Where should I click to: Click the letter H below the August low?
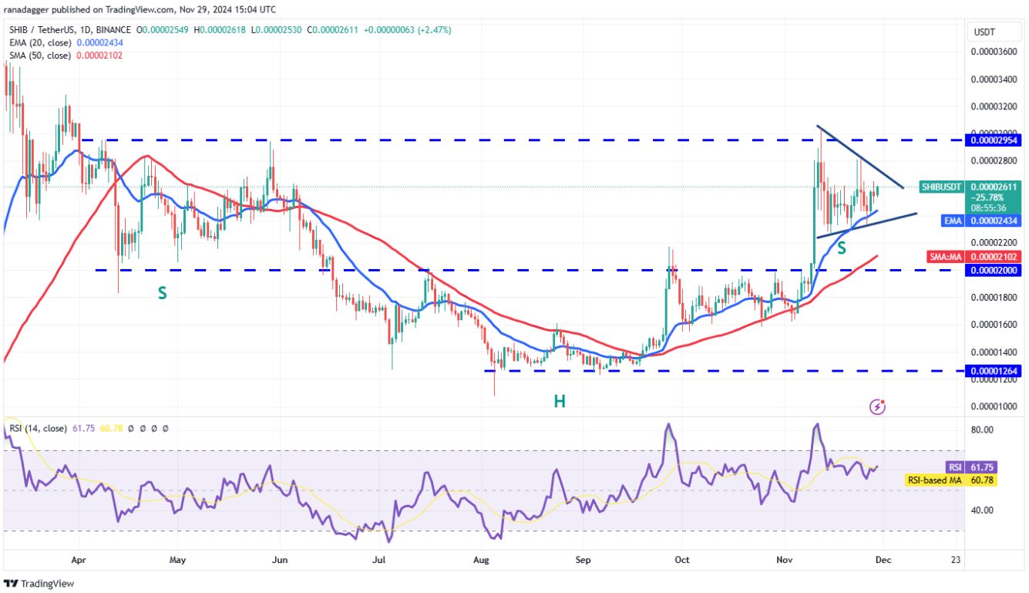coord(559,401)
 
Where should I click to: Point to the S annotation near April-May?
coord(163,293)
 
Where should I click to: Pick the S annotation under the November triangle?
coord(842,248)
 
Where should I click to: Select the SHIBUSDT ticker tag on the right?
coord(942,187)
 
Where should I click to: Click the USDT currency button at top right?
coord(985,32)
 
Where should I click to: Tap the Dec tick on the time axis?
coord(883,560)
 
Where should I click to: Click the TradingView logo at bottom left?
coord(40,584)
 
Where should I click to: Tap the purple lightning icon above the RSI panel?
coord(877,406)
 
